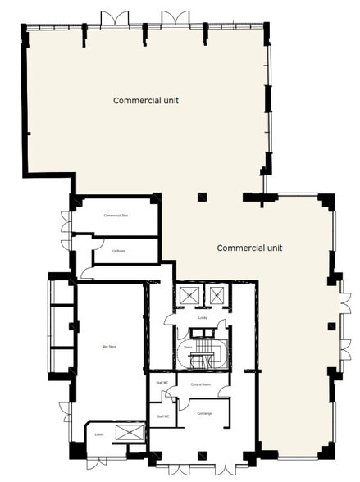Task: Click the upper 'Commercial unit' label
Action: (146, 101)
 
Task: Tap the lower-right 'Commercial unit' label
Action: (249, 247)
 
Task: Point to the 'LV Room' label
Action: (119, 251)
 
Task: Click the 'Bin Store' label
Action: (110, 348)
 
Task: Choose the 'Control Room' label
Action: (202, 384)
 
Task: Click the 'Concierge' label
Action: (204, 413)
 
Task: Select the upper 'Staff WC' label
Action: (162, 383)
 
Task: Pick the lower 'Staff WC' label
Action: (162, 416)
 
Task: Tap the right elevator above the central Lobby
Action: (217, 295)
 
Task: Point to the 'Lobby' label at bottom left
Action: (99, 434)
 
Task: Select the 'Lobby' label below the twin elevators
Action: (203, 317)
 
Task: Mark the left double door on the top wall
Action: (114, 18)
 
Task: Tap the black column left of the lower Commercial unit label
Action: (202, 197)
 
